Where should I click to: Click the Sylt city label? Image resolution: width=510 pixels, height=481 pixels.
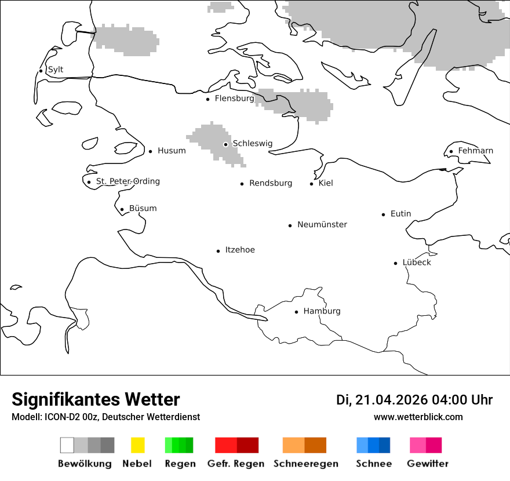[x=56, y=70]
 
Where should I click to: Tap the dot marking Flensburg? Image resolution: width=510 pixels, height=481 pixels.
[x=207, y=99]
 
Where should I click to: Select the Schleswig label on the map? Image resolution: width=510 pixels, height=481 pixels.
[x=253, y=144]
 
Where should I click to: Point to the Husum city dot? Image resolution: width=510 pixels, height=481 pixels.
[x=150, y=151]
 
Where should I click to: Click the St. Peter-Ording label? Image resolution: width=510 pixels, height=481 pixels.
[x=128, y=181]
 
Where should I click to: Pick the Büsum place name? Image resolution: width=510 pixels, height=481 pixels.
[x=143, y=209]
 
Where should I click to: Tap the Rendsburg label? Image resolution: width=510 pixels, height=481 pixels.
[x=271, y=183]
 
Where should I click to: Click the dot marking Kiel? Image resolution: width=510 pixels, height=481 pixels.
[x=312, y=184]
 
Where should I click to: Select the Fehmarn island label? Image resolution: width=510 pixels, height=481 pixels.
[x=476, y=151]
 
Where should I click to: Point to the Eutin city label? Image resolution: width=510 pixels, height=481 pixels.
[x=400, y=214]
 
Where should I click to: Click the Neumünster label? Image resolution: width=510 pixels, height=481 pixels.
[x=322, y=224]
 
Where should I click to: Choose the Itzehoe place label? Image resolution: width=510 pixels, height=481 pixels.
[x=240, y=250]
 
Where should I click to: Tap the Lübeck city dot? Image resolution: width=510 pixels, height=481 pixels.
[x=396, y=263]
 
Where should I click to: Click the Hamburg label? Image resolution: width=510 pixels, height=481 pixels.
[x=322, y=311]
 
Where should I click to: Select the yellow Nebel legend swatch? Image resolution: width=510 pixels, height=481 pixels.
[x=137, y=445]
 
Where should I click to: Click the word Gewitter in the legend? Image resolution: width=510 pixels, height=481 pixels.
[x=428, y=464]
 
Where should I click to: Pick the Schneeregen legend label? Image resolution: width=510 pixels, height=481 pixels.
[x=306, y=464]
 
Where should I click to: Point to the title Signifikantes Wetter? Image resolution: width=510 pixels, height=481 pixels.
[x=96, y=399]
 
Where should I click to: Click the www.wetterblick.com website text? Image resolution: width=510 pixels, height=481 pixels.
[x=418, y=417]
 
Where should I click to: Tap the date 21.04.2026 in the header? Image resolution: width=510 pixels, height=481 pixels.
[x=391, y=400]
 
